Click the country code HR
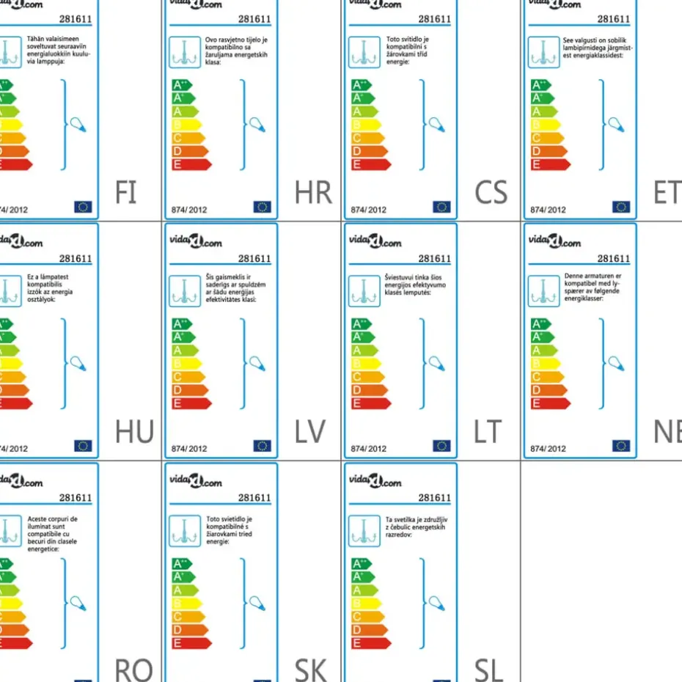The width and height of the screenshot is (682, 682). (x=313, y=192)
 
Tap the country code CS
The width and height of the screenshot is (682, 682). (x=491, y=192)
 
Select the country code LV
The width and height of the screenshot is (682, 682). (x=309, y=432)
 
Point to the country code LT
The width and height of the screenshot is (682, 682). (x=488, y=432)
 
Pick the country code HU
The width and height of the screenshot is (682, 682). (x=134, y=432)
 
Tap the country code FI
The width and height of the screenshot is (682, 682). (x=125, y=192)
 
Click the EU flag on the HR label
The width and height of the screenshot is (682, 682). (x=262, y=207)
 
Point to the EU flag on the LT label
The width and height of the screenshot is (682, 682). (x=441, y=446)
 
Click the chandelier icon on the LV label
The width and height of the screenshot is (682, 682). (x=185, y=291)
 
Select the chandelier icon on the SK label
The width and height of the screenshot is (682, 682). (x=185, y=530)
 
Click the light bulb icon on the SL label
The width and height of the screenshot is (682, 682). (x=437, y=603)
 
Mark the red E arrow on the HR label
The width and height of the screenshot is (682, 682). (x=191, y=164)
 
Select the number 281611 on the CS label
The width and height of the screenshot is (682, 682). (x=434, y=19)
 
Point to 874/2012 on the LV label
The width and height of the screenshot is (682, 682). (x=189, y=448)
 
